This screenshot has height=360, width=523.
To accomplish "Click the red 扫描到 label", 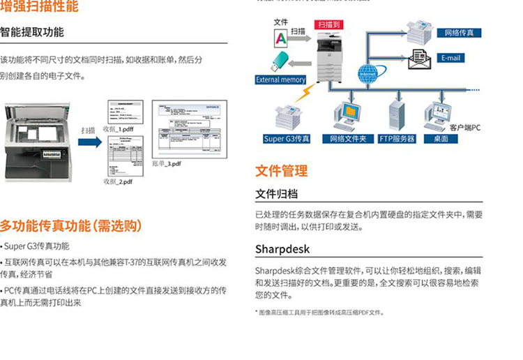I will coord(328,24).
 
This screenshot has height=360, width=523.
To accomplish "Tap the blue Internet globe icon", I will coord(368,72).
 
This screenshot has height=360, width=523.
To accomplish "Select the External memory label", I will coord(281,80).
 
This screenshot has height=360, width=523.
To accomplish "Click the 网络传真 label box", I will coord(459,33).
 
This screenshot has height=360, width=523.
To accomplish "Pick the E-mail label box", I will coord(459,58).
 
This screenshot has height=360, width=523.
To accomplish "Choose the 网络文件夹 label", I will coord(348,139).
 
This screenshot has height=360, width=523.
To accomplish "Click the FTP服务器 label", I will coord(397,139).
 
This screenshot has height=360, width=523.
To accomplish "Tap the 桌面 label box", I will coord(441,139).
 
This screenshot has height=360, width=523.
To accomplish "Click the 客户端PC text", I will coord(465,128).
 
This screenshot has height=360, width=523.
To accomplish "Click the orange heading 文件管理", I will coord(281,170).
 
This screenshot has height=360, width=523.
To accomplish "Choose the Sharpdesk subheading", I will coord(282,249).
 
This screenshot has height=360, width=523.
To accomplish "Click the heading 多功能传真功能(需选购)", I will coord(71,225).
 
